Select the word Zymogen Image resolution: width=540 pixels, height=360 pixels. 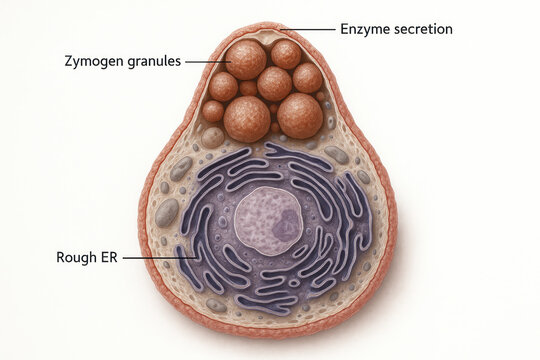click(94, 61)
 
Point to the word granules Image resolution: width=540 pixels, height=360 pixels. click(154, 61)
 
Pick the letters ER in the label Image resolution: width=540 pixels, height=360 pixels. click(108, 257)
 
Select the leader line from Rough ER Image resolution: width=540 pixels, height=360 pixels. click(158, 257)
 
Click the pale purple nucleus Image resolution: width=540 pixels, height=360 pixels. click(268, 221)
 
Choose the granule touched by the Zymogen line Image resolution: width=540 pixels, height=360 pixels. click(246, 59)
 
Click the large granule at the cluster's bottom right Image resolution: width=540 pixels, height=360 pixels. click(300, 115)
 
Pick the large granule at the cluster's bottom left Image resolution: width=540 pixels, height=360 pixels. click(247, 118)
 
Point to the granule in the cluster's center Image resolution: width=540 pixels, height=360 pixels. click(274, 84)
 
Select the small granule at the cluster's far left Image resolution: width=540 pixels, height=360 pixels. click(213, 110)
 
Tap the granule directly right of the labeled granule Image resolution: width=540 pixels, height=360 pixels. click(286, 54)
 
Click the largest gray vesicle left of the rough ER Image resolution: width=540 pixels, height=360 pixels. click(167, 212)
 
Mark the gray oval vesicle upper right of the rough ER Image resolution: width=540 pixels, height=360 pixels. click(337, 155)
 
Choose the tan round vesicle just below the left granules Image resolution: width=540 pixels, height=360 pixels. click(213, 137)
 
